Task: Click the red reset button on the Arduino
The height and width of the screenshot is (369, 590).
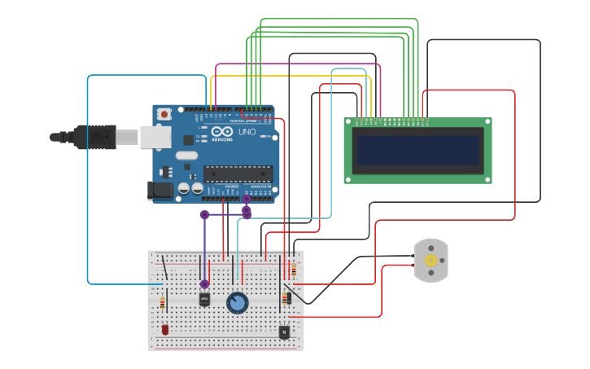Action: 165,115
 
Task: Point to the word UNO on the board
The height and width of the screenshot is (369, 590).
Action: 246,131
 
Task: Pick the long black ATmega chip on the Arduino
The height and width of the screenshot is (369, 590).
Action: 238,173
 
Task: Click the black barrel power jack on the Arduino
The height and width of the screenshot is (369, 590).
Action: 160,191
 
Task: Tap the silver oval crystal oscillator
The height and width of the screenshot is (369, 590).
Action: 186,156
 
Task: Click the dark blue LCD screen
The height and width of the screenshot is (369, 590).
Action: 417,150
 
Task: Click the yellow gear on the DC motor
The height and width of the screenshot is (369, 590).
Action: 430,261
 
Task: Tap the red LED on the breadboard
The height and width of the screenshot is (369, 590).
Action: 165,329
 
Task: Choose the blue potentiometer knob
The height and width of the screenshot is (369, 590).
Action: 237,303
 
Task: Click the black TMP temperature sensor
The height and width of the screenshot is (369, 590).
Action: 204,299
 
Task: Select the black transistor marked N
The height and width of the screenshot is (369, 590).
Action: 283,332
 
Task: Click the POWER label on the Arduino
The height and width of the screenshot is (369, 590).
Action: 232,187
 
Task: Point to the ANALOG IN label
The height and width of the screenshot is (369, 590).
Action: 260,187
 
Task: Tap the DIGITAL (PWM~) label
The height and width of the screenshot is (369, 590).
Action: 243,121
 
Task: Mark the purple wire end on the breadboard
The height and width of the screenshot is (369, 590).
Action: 204,284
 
